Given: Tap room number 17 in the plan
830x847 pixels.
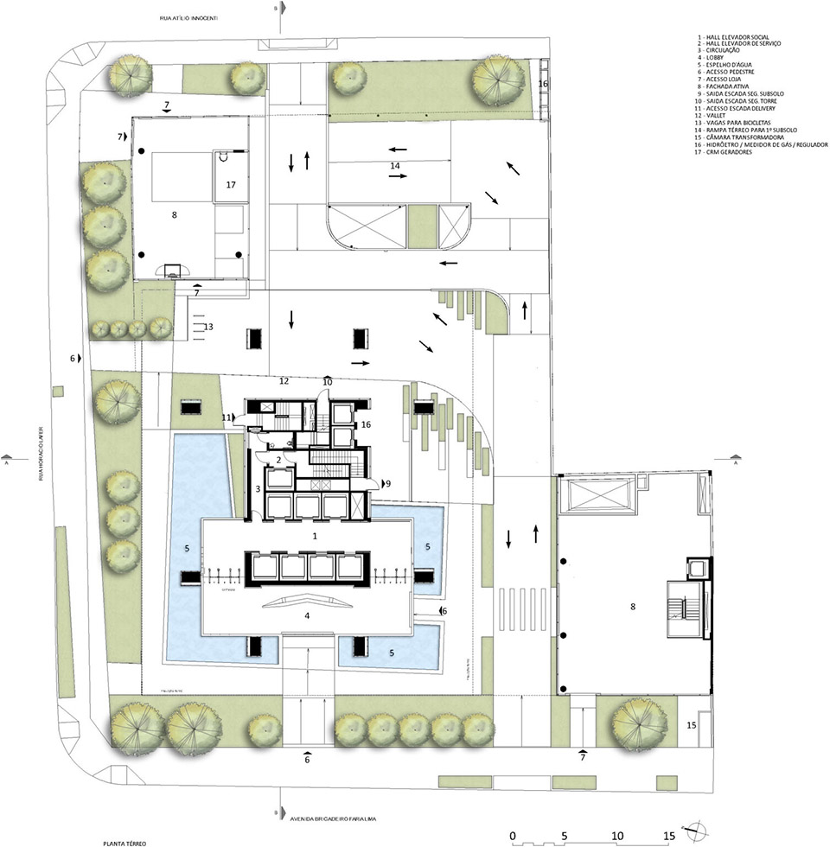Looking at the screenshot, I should [231, 185].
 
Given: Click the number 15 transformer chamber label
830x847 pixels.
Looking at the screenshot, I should [693, 724].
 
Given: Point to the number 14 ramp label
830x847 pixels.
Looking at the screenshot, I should [394, 164].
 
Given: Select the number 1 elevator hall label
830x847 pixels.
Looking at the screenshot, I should [316, 537].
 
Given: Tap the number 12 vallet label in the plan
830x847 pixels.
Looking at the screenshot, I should [283, 380].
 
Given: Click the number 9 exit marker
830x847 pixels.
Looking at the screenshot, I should [387, 482].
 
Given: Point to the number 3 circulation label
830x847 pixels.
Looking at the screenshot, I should [258, 490].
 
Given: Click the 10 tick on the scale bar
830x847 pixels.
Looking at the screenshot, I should [616, 836].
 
